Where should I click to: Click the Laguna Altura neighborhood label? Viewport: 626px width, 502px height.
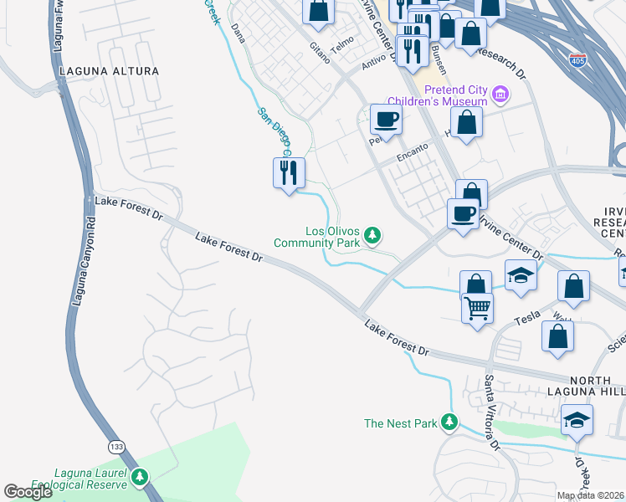110,71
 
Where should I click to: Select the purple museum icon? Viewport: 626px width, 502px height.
500,95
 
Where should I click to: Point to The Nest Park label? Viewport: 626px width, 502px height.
400,423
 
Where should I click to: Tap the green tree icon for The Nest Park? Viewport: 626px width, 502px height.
450,423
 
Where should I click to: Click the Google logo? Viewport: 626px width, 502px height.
28,492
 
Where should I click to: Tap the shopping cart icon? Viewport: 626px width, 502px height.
477,307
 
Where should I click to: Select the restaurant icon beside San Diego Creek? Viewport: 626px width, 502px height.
289,172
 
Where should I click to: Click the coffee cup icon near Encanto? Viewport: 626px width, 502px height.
386,119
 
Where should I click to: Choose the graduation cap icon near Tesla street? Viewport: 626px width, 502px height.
521,275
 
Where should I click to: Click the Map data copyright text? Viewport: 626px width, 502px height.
591,495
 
